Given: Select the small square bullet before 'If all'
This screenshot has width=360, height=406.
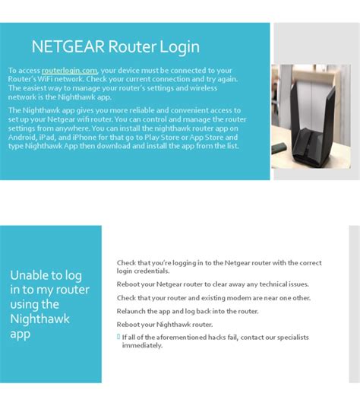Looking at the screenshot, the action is (118, 336).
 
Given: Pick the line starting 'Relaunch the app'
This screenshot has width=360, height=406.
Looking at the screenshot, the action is (188, 311).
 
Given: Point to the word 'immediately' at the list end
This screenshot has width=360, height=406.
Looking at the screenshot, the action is (142, 345).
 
